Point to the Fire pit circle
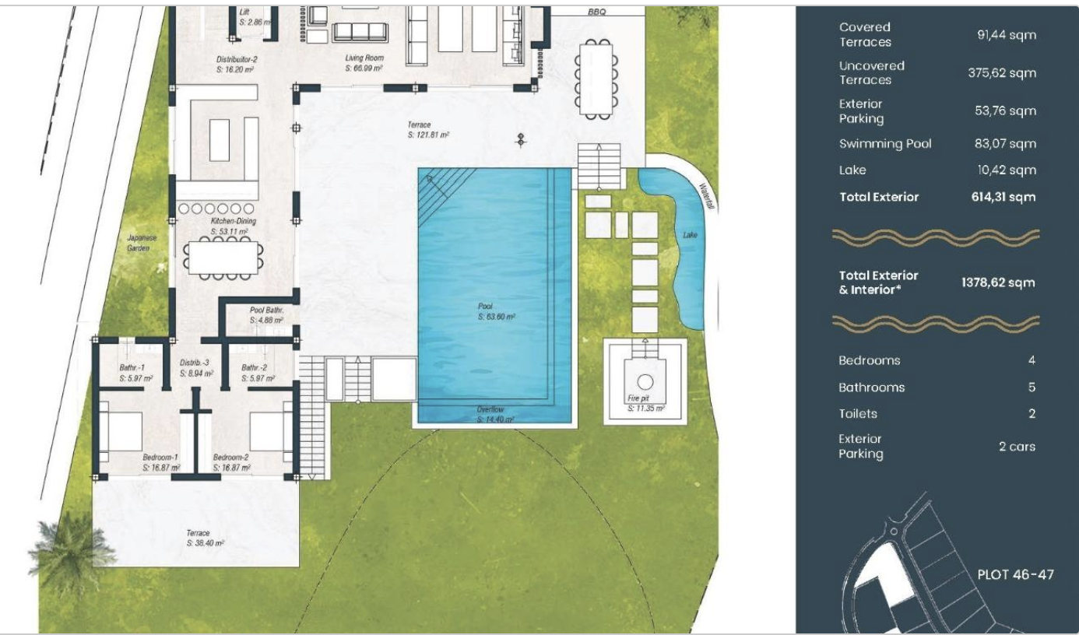(645, 382)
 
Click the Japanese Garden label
(142, 243)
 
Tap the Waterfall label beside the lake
(707, 196)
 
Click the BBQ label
(597, 12)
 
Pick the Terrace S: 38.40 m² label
(206, 539)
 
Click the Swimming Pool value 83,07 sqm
(1005, 143)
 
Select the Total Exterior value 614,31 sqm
(1003, 197)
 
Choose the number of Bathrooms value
(1032, 388)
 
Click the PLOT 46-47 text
(1015, 575)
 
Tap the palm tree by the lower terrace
(72, 553)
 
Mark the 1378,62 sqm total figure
(998, 282)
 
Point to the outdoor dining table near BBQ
(596, 79)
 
